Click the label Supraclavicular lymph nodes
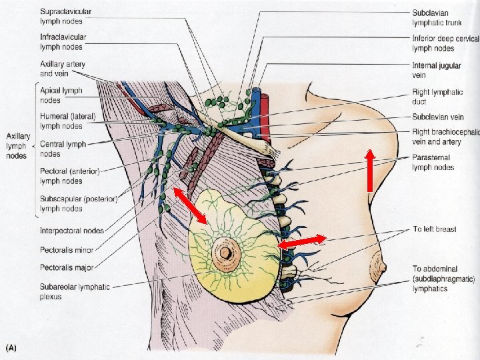(x=65, y=16)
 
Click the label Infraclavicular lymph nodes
(x=63, y=41)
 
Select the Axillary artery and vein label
(x=62, y=69)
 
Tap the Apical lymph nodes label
(x=59, y=95)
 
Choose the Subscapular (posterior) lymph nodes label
(x=79, y=203)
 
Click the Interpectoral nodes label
(x=71, y=231)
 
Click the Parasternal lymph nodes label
(x=433, y=162)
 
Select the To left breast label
(x=434, y=229)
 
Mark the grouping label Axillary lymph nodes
(x=17, y=145)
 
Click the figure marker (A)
(x=12, y=347)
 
